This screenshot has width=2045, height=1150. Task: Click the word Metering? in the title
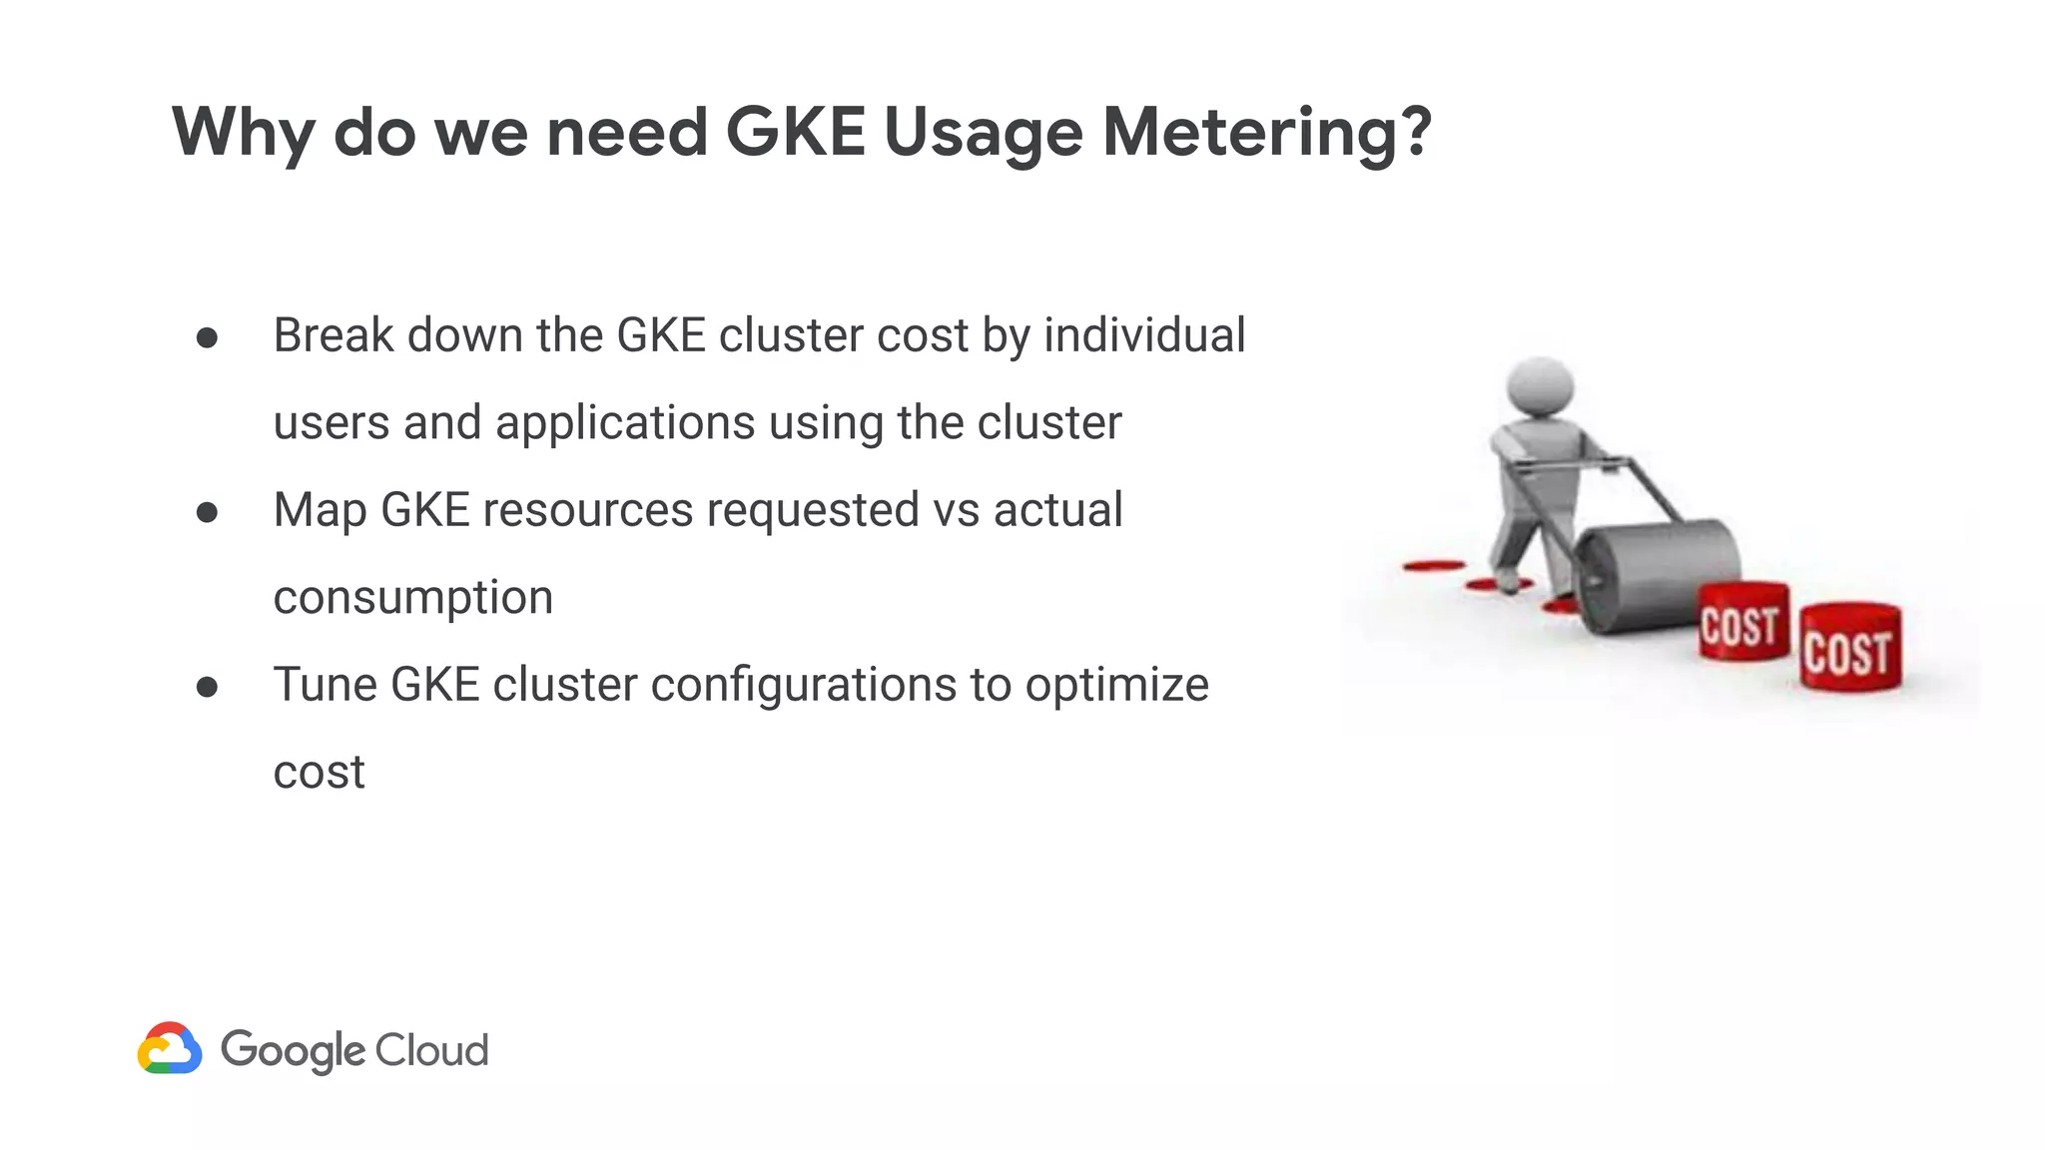(x=1267, y=132)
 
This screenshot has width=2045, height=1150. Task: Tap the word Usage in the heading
(x=983, y=134)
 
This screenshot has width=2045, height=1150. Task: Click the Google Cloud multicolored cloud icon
(x=170, y=1048)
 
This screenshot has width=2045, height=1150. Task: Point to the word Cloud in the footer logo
(x=431, y=1050)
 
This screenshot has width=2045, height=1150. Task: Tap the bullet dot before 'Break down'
(x=208, y=337)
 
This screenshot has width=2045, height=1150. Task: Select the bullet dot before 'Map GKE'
(x=208, y=512)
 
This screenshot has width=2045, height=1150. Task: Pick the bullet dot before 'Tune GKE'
(x=208, y=687)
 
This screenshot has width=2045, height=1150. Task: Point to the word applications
(x=625, y=423)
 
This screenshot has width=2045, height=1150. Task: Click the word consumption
(x=412, y=598)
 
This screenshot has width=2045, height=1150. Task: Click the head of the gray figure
(x=1540, y=386)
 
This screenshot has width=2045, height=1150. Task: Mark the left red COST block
(x=1742, y=623)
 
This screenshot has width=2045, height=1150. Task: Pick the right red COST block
(x=1850, y=648)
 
